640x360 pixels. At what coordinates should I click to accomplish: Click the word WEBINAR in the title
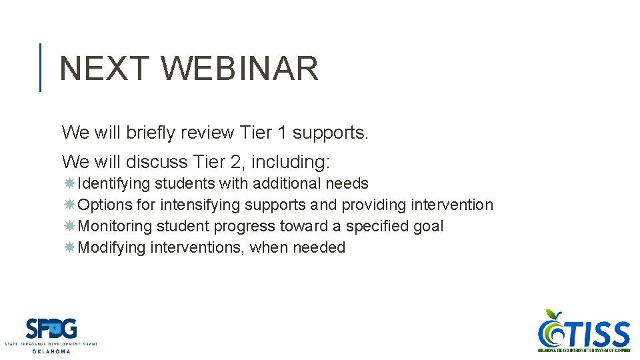[240, 69]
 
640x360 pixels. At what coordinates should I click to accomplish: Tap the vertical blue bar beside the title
[41, 67]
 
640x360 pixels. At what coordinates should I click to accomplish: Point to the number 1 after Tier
[281, 133]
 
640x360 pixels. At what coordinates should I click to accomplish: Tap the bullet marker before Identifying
[69, 183]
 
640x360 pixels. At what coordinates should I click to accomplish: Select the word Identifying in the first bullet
[114, 183]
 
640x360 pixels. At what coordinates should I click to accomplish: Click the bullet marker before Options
[69, 205]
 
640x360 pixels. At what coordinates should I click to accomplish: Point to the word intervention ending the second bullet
[452, 205]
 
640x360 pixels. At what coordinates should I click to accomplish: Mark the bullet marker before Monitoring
[69, 226]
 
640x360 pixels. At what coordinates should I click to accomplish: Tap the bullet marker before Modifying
[69, 247]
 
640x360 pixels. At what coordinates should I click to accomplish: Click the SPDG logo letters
[51, 329]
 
